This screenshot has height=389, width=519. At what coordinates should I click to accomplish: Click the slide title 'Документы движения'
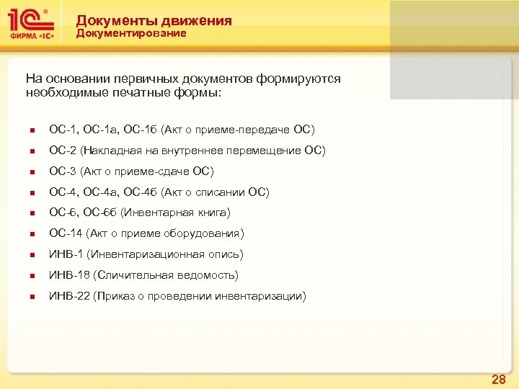point(154,21)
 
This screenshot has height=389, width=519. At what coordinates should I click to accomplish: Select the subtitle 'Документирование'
point(131,34)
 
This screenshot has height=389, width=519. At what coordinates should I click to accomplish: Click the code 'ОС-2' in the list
point(63,151)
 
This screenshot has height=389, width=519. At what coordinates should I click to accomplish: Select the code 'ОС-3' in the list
point(63,171)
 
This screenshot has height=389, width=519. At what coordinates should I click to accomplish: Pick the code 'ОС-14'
point(66,233)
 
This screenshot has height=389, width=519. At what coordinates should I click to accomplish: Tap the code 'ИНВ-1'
point(66,254)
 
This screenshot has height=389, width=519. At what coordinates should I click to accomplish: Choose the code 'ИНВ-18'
point(69,275)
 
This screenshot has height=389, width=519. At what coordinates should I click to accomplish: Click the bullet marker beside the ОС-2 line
point(32,151)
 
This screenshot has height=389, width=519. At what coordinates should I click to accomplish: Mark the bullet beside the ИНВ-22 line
point(32,297)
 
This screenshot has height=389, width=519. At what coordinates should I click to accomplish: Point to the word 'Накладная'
point(111,151)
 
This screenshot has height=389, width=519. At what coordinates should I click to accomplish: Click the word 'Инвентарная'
point(158,213)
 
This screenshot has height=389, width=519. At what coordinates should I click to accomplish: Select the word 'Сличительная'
point(137,275)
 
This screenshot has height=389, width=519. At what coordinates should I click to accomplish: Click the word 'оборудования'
point(208,233)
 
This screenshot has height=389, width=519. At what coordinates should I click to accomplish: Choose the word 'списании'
point(216,192)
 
